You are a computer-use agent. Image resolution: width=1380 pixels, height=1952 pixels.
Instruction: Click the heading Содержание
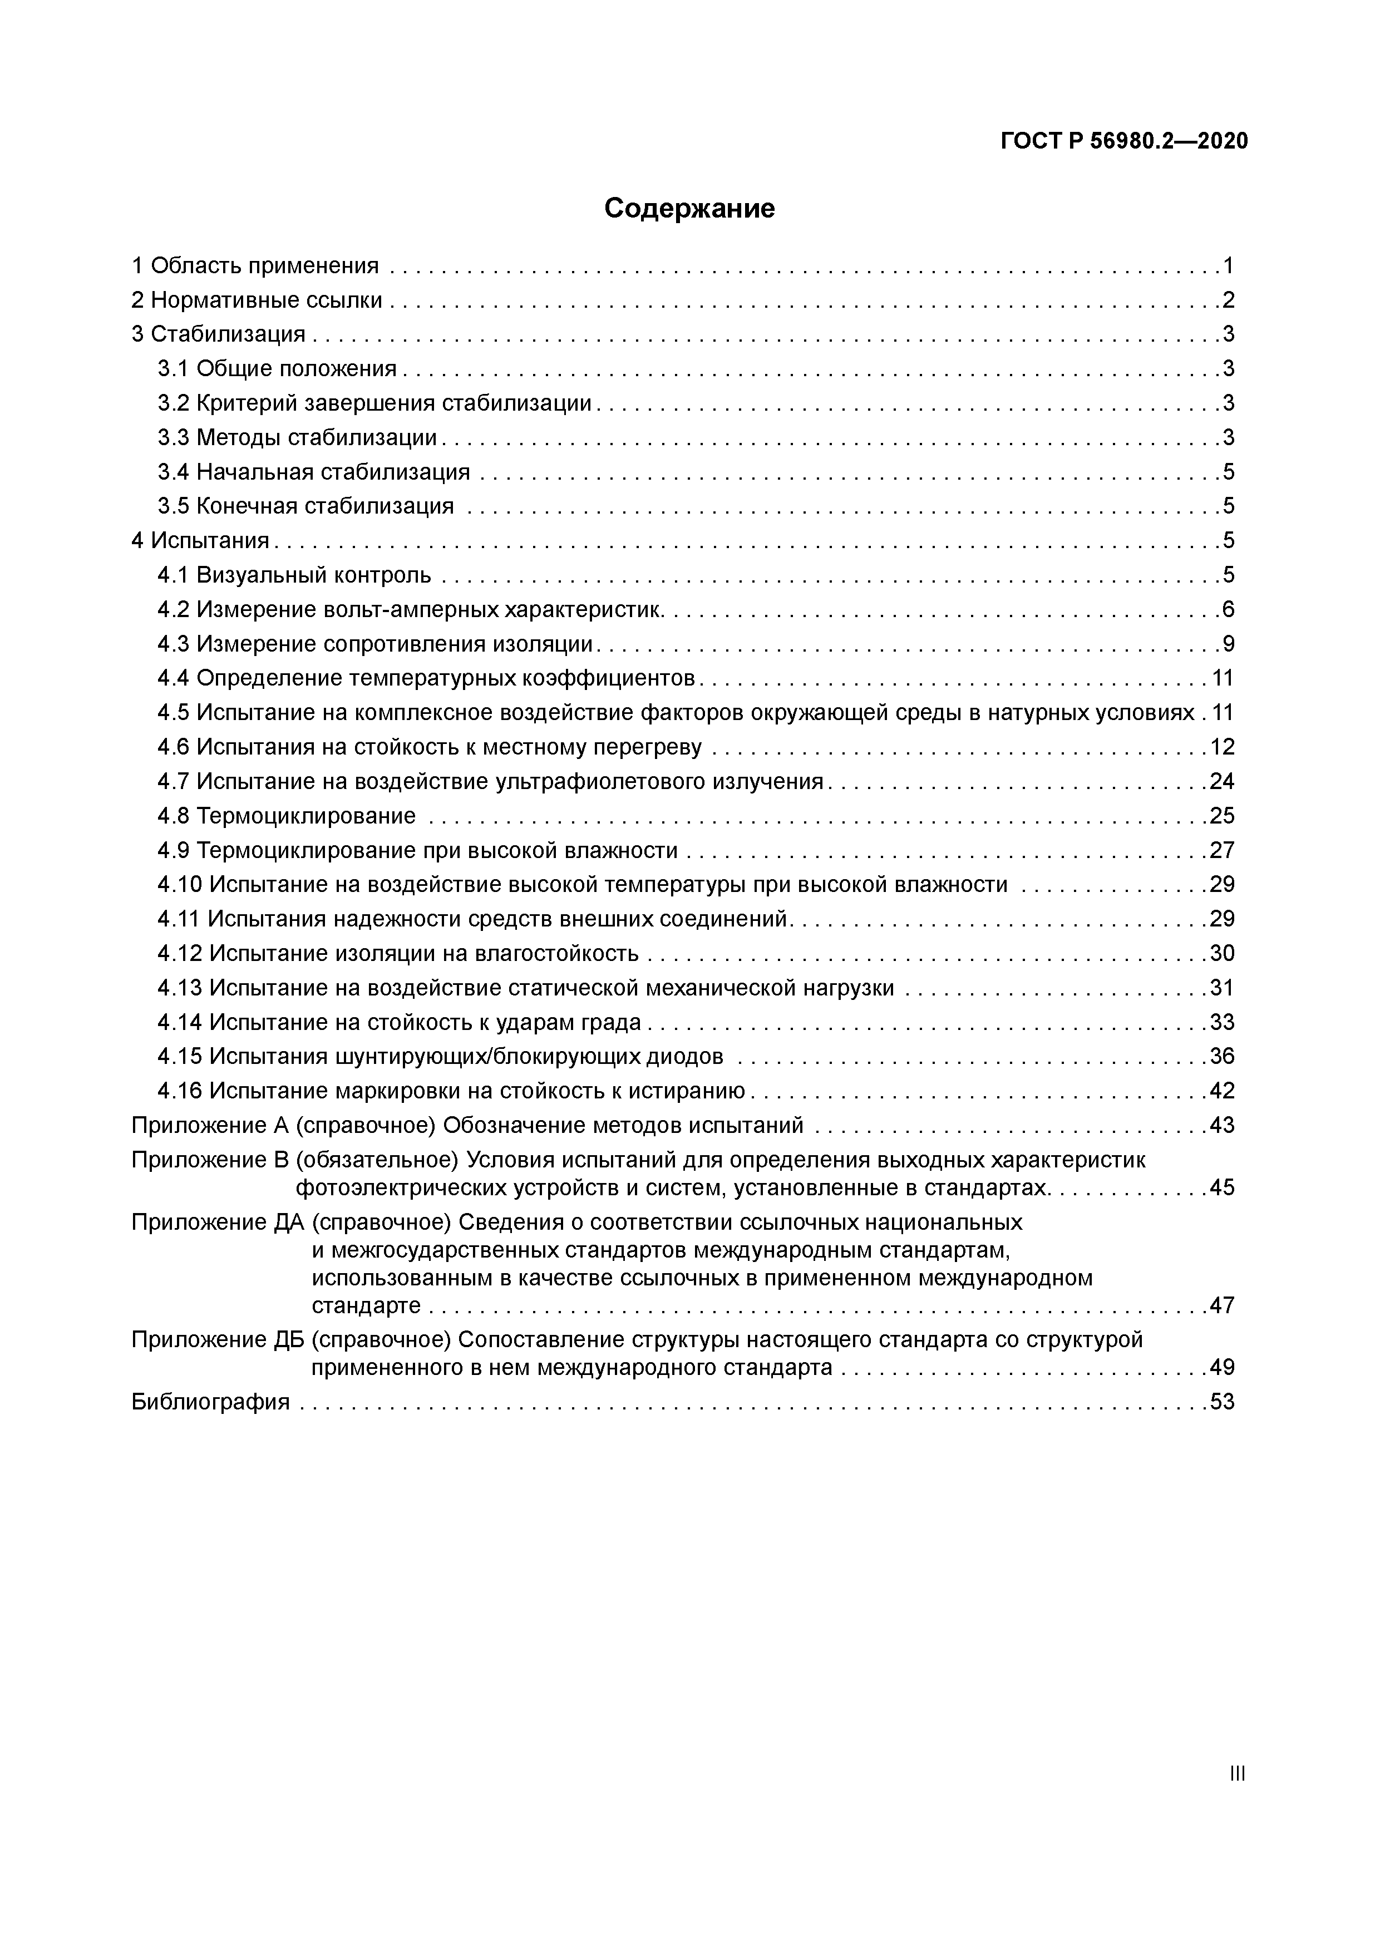(689, 208)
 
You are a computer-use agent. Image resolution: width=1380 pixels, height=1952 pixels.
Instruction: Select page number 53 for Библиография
(1222, 1402)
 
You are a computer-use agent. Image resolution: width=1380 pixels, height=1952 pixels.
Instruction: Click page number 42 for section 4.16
(1222, 1091)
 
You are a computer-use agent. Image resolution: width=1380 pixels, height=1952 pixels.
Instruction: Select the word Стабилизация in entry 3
(228, 334)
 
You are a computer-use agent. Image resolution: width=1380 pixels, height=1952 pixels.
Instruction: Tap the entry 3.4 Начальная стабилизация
(314, 472)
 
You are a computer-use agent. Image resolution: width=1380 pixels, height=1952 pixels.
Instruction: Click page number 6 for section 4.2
(1228, 609)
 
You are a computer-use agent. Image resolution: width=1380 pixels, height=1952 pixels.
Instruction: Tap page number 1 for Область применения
(1228, 266)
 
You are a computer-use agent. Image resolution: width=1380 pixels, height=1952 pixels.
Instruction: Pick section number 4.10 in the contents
(179, 885)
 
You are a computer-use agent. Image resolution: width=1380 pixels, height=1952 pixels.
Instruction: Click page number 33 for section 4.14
(1222, 1022)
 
